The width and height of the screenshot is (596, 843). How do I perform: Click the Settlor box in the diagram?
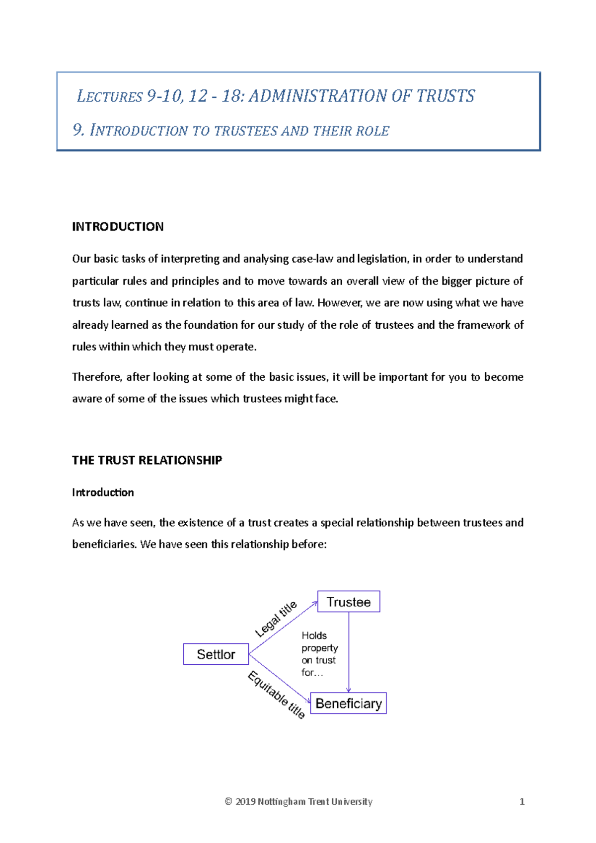216,654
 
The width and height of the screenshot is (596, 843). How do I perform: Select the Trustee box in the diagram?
349,602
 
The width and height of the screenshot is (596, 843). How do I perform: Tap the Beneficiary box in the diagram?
348,703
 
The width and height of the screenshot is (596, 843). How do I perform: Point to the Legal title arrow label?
276,619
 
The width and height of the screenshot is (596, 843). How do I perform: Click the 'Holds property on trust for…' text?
319,654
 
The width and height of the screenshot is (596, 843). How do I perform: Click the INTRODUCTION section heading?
118,227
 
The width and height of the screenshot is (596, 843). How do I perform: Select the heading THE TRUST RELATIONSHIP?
147,460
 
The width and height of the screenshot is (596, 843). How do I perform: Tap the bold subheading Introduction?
103,492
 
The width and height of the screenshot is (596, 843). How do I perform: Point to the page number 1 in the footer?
521,802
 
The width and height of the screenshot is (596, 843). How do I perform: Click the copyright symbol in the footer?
228,802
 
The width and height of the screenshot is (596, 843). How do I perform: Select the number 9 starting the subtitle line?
77,131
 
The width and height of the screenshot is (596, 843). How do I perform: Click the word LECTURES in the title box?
110,96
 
